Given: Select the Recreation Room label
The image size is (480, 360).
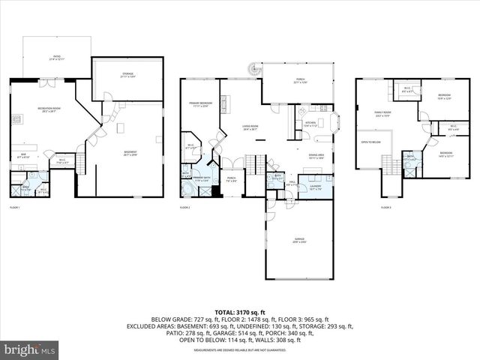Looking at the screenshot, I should [49, 109].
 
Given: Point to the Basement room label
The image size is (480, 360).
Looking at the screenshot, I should [130, 153].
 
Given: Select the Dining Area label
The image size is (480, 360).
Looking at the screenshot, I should [316, 156].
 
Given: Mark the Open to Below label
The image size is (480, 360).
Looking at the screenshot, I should [370, 142].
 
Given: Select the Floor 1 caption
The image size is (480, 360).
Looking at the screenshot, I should [15, 207].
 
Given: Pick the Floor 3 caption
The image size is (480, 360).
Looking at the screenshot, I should [385, 207].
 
